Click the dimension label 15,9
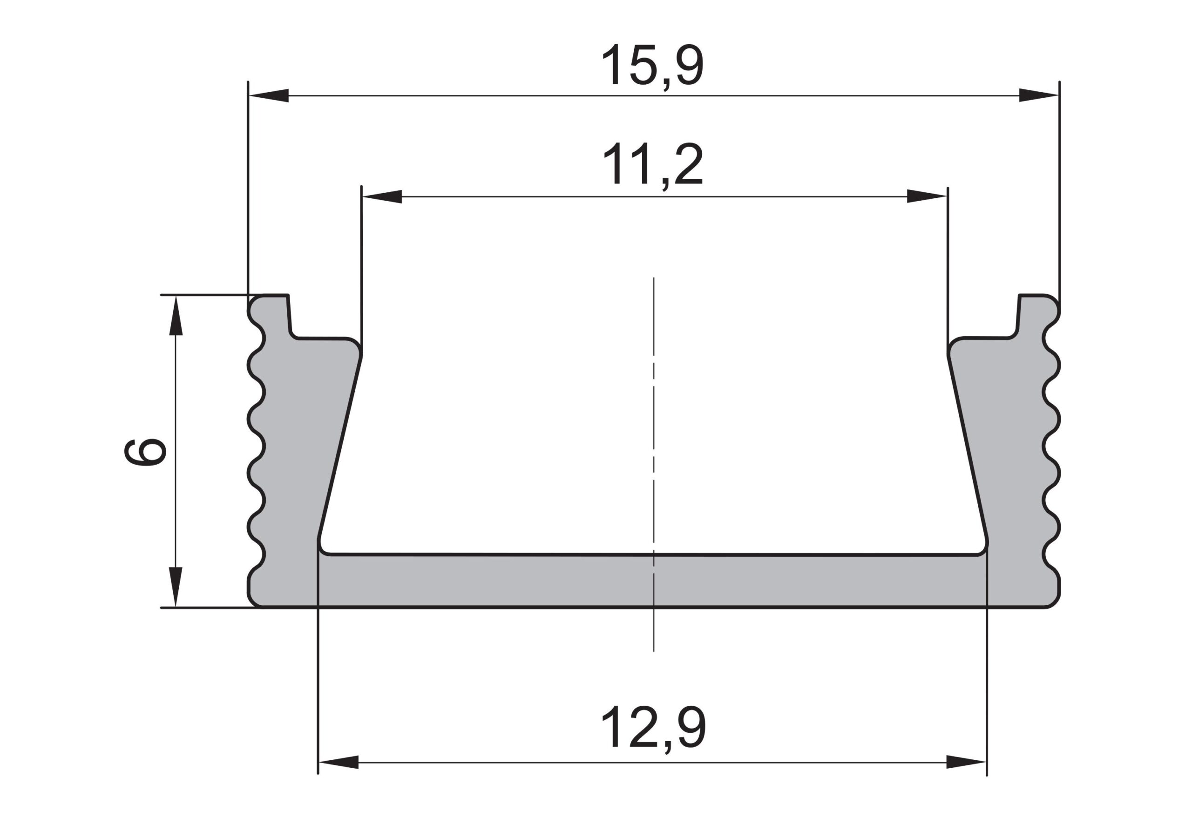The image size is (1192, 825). [652, 66]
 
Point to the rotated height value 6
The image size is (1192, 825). [145, 452]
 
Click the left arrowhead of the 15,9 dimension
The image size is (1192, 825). [269, 95]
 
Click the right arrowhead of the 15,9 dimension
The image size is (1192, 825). [1038, 95]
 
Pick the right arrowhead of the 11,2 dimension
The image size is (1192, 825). [926, 196]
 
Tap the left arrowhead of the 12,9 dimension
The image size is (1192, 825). [339, 762]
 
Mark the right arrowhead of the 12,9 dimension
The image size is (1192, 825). [966, 762]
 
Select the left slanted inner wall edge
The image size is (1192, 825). [339, 447]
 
